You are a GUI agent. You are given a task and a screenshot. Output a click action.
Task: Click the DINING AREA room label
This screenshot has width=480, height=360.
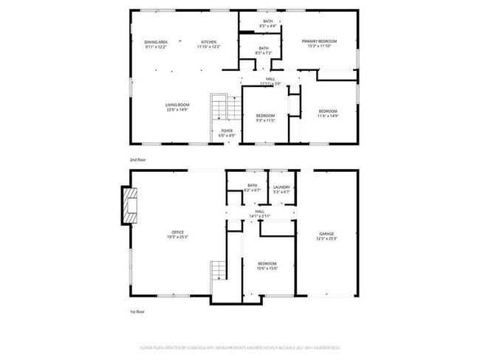(155, 42)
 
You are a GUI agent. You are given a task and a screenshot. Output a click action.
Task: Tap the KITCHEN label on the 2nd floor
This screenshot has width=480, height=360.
(208, 42)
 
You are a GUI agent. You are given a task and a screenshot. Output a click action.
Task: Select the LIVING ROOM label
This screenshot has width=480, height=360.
(177, 105)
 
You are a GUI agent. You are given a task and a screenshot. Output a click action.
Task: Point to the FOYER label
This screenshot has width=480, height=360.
(227, 131)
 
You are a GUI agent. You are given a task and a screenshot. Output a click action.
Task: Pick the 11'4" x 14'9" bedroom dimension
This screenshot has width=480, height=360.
(327, 116)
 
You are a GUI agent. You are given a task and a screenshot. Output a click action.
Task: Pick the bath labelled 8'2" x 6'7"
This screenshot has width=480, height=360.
(253, 190)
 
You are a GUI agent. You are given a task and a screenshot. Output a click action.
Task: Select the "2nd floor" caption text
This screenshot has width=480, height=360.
(138, 158)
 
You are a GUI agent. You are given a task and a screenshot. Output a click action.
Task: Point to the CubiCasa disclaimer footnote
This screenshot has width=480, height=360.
(239, 346)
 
